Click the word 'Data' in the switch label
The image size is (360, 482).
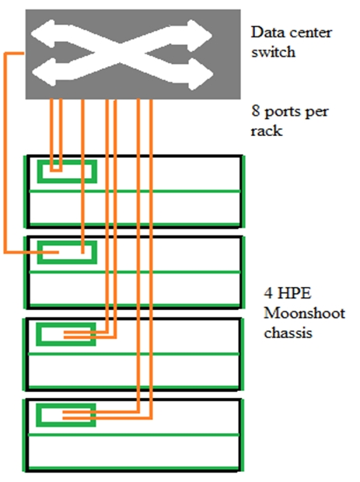pyautogui.click(x=264, y=32)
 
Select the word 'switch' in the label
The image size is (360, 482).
pyautogui.click(x=274, y=51)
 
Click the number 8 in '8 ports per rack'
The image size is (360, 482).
pyautogui.click(x=256, y=110)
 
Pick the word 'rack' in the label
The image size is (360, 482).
pyautogui.click(x=266, y=131)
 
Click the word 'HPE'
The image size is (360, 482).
pyautogui.click(x=294, y=293)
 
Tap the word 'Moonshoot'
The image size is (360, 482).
pyautogui.click(x=304, y=313)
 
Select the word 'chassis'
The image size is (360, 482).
pyautogui.click(x=288, y=333)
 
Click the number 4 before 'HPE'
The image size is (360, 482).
pyautogui.click(x=268, y=293)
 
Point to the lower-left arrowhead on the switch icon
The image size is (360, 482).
pyautogui.click(x=44, y=72)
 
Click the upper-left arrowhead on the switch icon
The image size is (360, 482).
pyautogui.click(x=44, y=34)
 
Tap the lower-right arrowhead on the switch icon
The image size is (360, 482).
pyautogui.click(x=200, y=74)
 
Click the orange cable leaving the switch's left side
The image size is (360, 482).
pyautogui.click(x=5, y=154)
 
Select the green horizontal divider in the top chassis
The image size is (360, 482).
pyautogui.click(x=135, y=191)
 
